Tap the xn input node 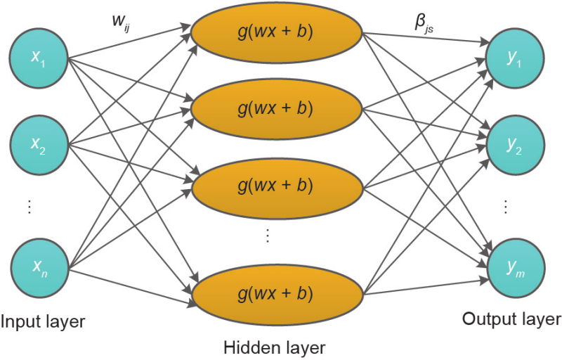[x=38, y=265]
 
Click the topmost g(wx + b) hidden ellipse [x=275, y=32]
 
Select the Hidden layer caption [x=275, y=347]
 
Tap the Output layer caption [x=511, y=320]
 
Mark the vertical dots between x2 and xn [x=29, y=206]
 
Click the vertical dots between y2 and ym [x=505, y=207]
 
